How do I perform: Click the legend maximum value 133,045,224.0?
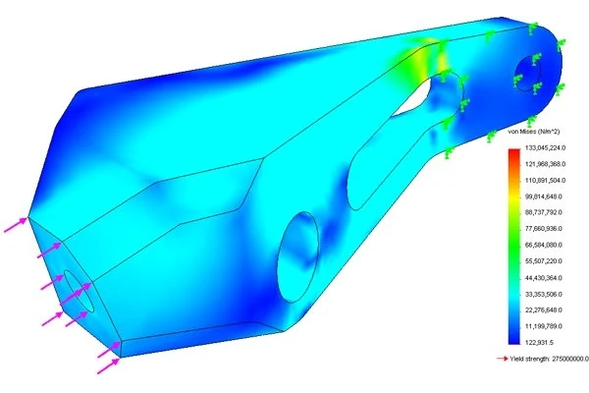tap(545, 147)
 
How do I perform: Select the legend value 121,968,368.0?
tap(545, 164)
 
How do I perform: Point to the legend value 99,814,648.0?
tap(544, 196)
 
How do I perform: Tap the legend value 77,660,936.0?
tap(544, 229)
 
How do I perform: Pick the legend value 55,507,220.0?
tap(544, 261)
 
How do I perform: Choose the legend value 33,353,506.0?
tap(544, 294)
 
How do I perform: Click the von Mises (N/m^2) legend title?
tap(534, 132)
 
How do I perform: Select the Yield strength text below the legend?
tap(549, 359)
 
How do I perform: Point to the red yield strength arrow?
tap(503, 359)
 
